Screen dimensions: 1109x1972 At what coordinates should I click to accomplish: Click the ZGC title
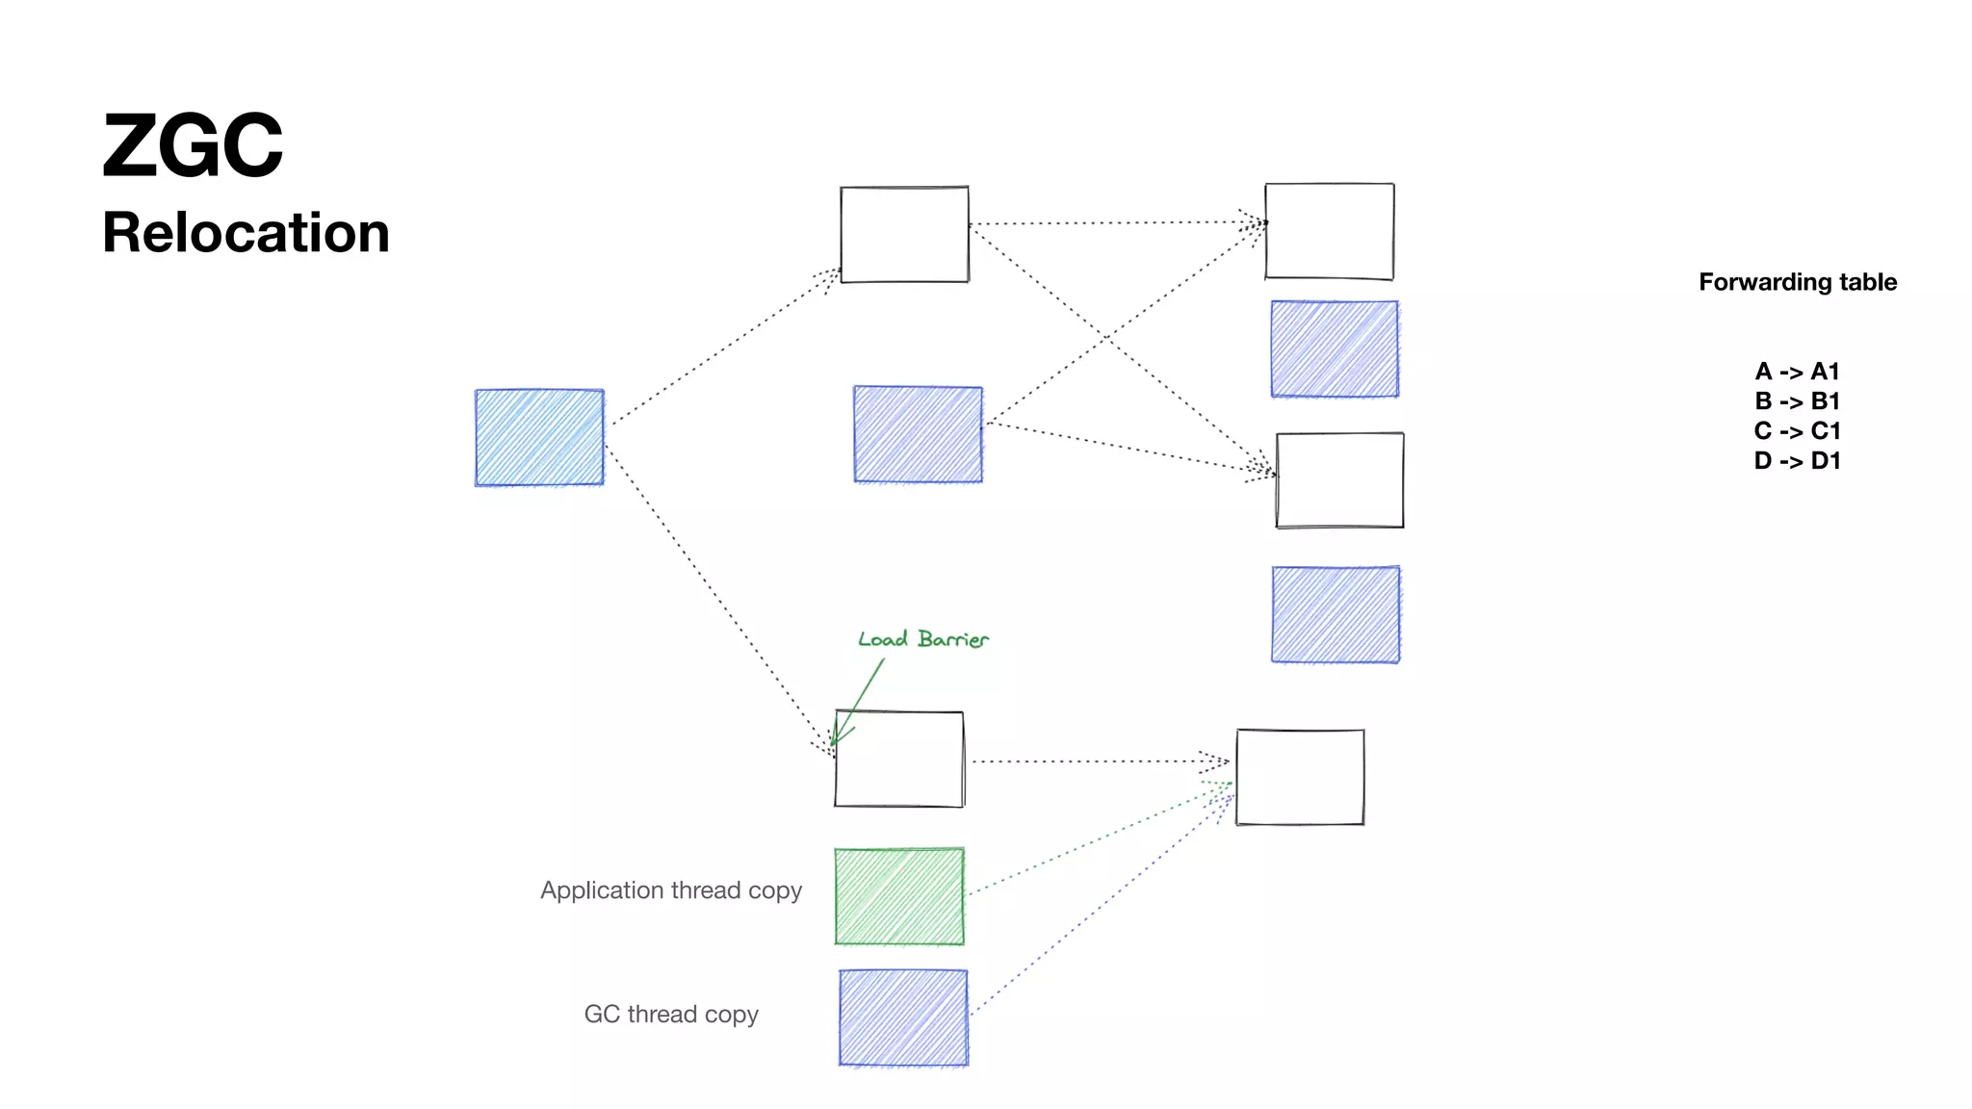[193, 146]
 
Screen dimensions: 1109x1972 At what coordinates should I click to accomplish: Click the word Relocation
[246, 233]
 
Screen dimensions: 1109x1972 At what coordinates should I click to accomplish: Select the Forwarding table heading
[1797, 282]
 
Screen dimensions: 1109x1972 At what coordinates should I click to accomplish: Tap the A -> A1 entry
[1797, 372]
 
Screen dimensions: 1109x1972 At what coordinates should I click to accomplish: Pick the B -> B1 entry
[1797, 401]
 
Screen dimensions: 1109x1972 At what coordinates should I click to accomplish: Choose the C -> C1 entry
[1797, 431]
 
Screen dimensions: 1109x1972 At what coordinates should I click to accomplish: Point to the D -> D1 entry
[1797, 461]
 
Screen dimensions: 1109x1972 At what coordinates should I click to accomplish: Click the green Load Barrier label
[922, 639]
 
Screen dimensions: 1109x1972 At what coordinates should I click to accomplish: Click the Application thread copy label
[671, 890]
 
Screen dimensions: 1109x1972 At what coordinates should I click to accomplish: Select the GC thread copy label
[671, 1015]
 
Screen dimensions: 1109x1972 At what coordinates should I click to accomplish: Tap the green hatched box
[899, 896]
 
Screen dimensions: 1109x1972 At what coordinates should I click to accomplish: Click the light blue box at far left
[539, 437]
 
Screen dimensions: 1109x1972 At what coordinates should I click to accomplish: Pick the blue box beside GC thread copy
[903, 1018]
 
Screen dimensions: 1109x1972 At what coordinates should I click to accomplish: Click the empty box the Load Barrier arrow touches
[899, 760]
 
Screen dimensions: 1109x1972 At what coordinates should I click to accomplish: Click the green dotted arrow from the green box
[1098, 838]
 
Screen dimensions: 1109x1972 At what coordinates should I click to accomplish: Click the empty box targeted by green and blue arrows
[1300, 777]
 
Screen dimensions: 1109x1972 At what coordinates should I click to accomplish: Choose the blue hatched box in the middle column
[918, 434]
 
